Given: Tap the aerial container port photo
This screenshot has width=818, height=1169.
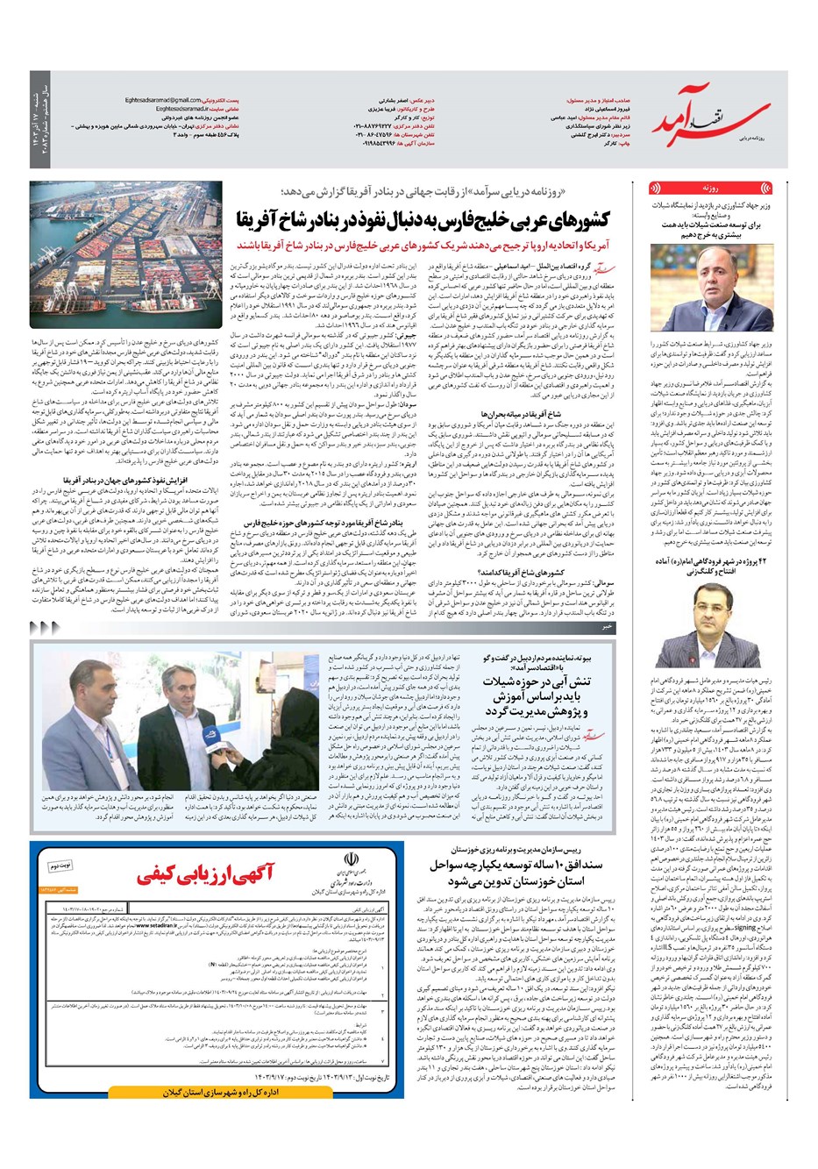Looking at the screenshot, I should click(x=117, y=241).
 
